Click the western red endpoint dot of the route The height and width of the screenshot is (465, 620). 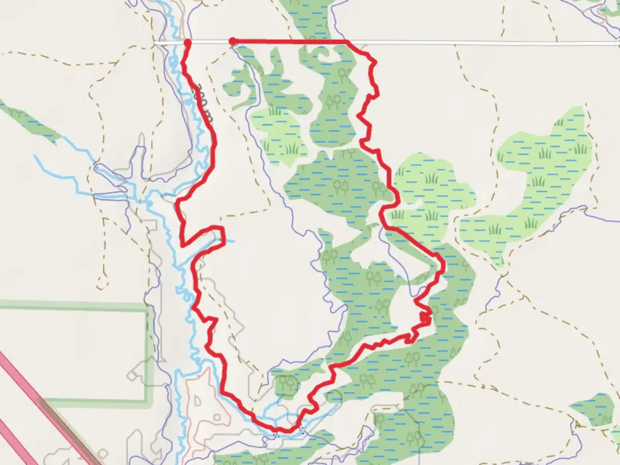188,42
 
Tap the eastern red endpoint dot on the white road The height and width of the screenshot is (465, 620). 232,41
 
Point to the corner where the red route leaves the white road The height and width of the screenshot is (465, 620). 347,42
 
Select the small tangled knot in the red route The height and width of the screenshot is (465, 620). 425,318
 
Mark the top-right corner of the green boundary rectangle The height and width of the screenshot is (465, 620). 147,307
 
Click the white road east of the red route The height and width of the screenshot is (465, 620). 495,43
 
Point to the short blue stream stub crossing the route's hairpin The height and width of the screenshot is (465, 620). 229,240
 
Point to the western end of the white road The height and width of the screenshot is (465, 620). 156,43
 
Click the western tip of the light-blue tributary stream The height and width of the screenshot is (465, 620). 34,156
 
